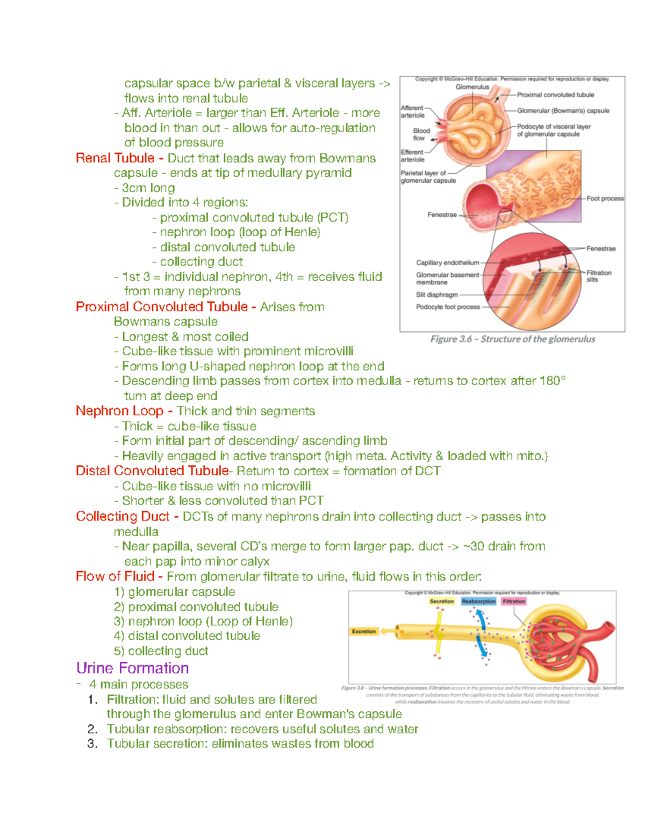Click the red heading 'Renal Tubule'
[115, 158]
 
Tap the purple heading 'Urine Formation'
[132, 668]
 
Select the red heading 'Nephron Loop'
[119, 411]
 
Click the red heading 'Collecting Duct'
[123, 516]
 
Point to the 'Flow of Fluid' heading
[115, 576]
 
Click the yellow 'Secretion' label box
[442, 602]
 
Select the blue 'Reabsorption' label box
[478, 602]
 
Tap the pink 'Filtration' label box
[514, 602]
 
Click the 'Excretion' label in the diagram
[364, 631]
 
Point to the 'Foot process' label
[605, 198]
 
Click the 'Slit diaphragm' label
[437, 295]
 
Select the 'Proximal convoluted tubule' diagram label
[556, 95]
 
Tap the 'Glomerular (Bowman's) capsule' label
[563, 111]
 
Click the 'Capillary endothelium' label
[447, 263]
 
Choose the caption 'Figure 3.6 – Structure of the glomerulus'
[513, 339]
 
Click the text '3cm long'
[148, 188]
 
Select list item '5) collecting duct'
[161, 651]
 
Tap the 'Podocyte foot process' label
[448, 307]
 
